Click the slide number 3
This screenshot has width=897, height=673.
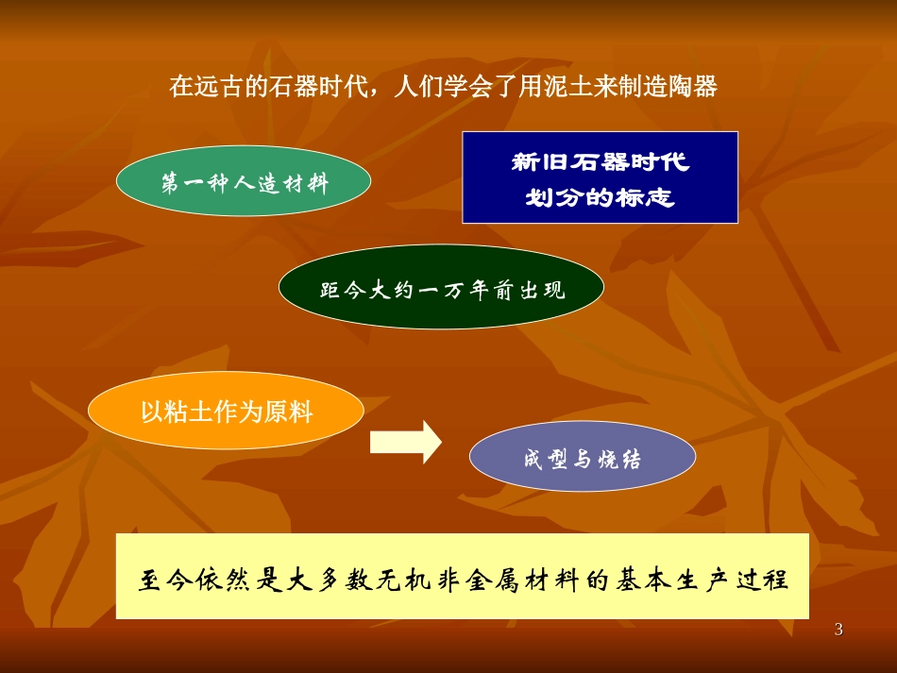(838, 630)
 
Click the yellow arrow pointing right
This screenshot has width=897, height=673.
(405, 442)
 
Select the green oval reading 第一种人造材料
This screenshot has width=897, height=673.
(243, 183)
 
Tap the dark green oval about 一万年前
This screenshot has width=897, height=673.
(441, 288)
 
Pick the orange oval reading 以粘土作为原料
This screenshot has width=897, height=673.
(226, 412)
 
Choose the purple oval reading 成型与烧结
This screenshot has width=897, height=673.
(583, 460)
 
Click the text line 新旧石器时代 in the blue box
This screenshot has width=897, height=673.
(600, 162)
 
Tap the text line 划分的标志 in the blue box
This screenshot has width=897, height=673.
(600, 199)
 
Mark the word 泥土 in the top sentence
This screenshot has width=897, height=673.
(569, 88)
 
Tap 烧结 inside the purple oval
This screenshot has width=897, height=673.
(619, 460)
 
